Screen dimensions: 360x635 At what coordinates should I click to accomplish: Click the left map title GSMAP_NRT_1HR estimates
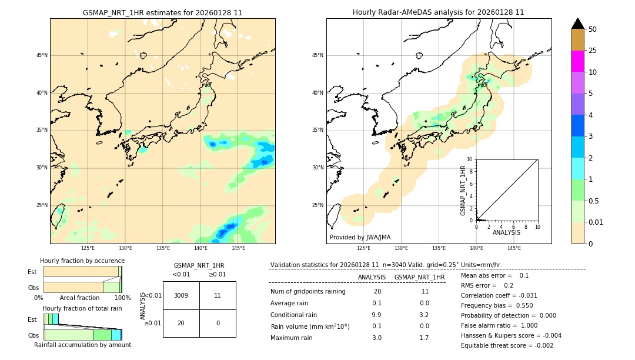[x=162, y=12]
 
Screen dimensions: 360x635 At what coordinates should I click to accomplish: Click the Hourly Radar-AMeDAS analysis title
[x=438, y=12]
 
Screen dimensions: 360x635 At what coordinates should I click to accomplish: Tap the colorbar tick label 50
[x=593, y=29]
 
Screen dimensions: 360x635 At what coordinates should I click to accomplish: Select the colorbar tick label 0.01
[x=596, y=222]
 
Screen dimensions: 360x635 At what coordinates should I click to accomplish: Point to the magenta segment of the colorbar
[x=577, y=61]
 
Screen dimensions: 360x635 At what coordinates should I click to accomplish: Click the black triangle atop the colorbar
[x=577, y=24]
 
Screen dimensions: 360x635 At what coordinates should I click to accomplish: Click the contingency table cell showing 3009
[x=181, y=295]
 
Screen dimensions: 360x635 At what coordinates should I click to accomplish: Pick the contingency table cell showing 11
[x=218, y=295]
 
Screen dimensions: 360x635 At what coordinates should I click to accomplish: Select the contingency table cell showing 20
[x=181, y=323]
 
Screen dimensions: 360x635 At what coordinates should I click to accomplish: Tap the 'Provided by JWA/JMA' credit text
[x=360, y=237]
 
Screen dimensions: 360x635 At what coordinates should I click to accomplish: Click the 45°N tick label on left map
[x=42, y=55]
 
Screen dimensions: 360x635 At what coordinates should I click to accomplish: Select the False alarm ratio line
[x=507, y=325]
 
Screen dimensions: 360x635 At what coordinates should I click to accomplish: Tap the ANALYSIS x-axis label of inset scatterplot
[x=506, y=232]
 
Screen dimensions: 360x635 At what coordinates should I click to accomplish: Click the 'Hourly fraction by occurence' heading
[x=82, y=261]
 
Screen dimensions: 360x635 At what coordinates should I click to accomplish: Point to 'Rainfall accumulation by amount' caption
[x=82, y=345]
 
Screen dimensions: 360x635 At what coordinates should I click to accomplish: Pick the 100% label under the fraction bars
[x=122, y=298]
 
